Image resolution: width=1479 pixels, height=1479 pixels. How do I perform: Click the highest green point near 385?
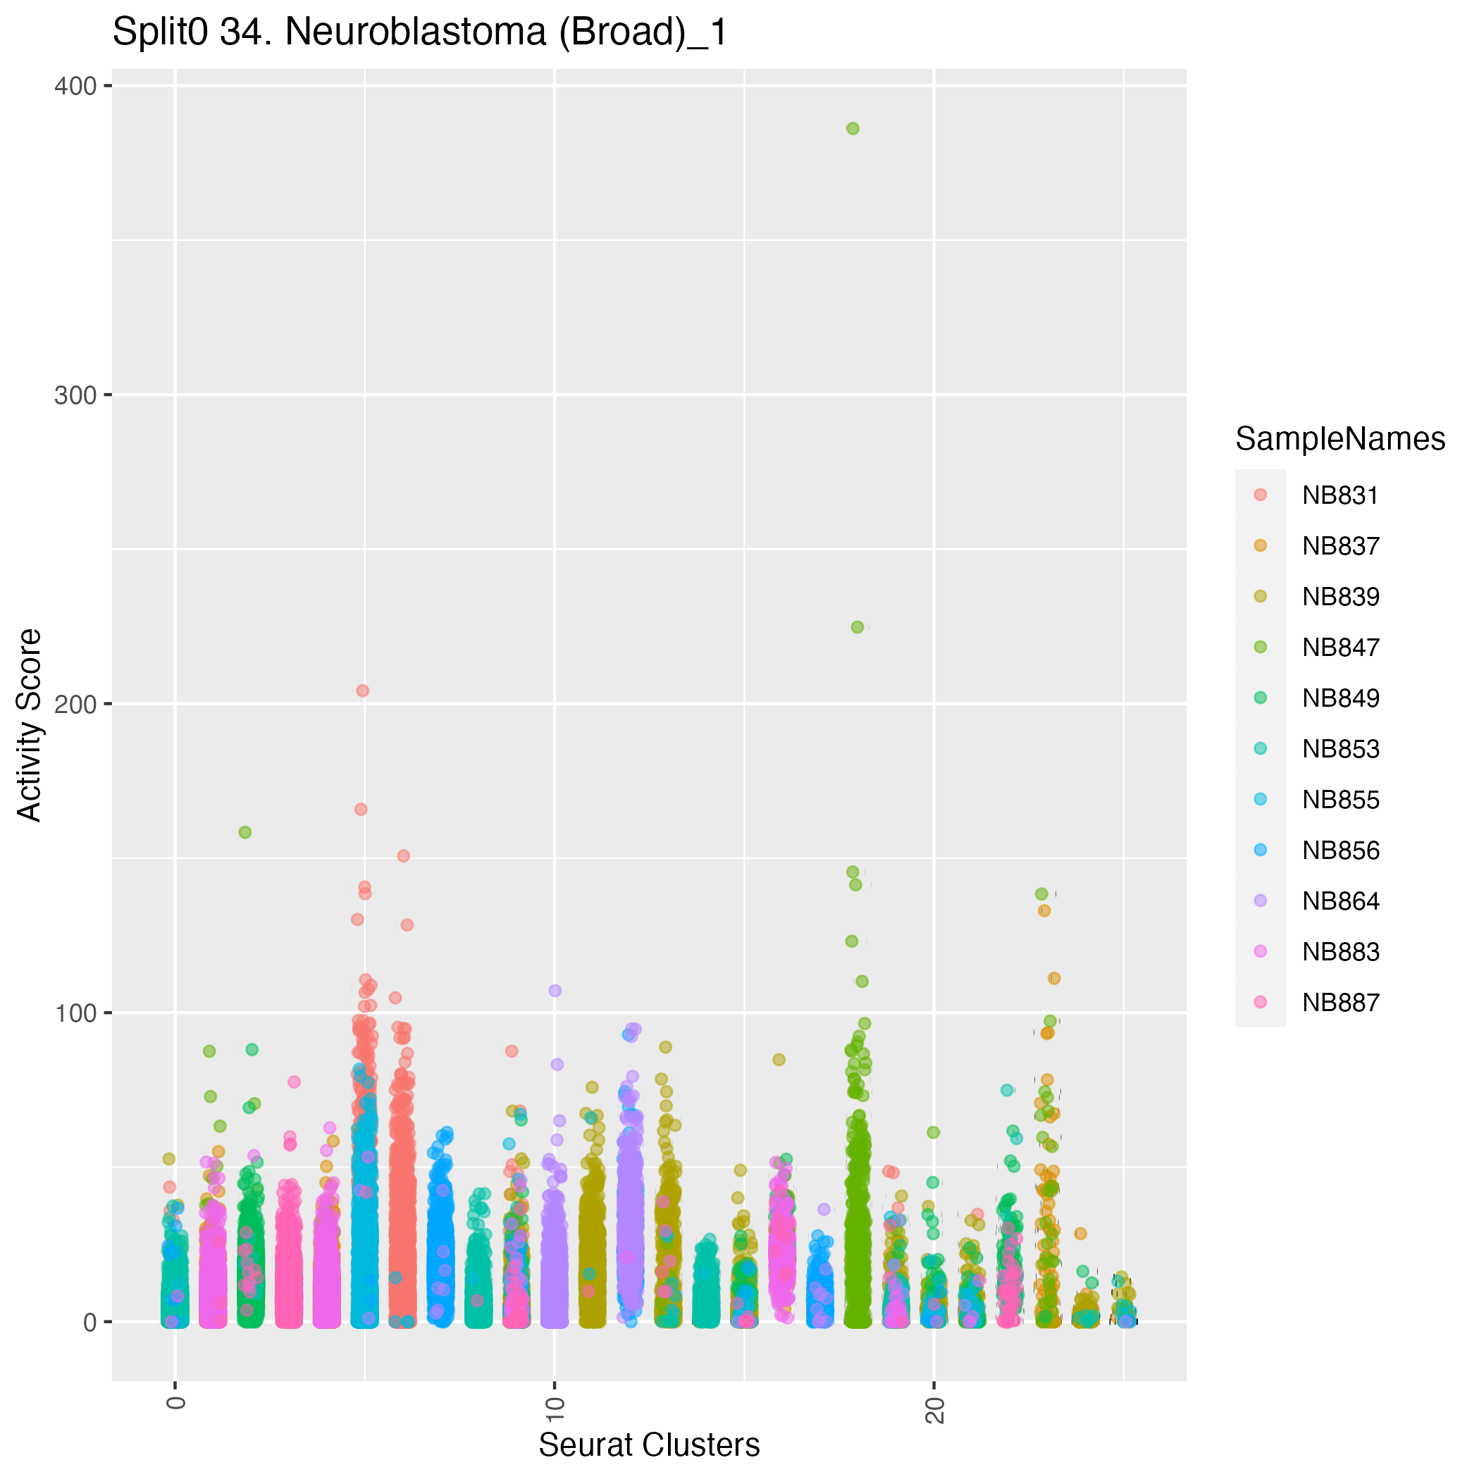[853, 129]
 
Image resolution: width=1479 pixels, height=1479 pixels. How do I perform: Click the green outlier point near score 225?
[858, 627]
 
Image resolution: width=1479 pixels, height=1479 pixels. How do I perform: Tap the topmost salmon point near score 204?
[363, 691]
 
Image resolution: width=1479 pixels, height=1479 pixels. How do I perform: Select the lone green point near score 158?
[245, 832]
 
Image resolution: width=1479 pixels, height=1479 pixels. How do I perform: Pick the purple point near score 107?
[555, 990]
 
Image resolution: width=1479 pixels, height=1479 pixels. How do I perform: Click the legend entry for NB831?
[1339, 495]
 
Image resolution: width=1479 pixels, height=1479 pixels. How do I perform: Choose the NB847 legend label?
[1339, 648]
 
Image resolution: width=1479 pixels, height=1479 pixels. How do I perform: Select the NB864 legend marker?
[1261, 901]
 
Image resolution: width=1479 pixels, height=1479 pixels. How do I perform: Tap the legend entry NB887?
[1339, 1002]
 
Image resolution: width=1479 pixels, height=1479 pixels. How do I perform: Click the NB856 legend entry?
[1339, 850]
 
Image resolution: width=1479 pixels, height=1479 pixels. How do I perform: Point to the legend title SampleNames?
[1339, 439]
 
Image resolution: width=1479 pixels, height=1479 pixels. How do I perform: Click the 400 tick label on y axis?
[75, 86]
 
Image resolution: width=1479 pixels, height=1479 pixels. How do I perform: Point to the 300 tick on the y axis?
[75, 395]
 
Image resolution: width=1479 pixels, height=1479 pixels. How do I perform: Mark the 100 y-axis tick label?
[75, 1013]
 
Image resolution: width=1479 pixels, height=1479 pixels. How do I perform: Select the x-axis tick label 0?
[176, 1401]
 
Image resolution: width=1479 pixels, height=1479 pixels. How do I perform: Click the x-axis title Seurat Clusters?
[649, 1445]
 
